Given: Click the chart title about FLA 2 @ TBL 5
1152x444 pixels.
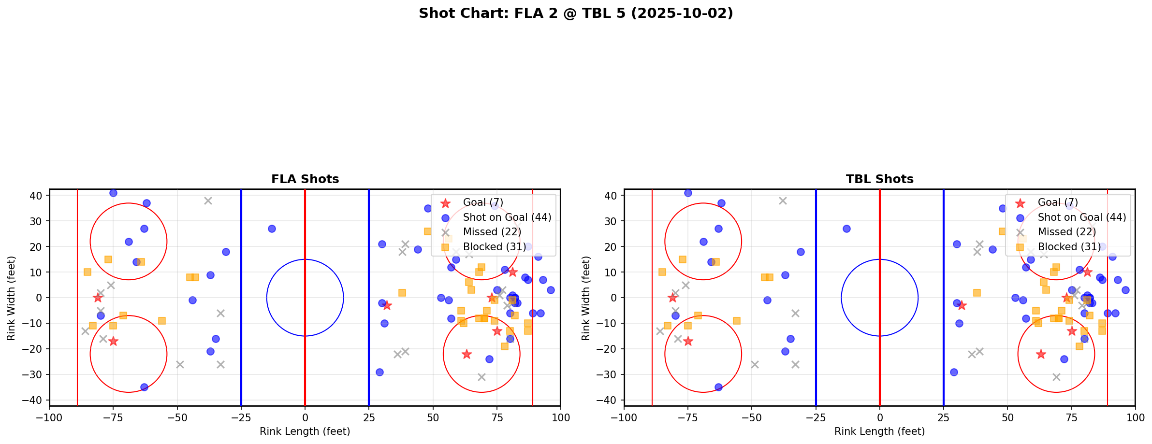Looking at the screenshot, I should click(x=576, y=14).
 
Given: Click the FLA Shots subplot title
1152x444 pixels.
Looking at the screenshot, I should click(x=305, y=179).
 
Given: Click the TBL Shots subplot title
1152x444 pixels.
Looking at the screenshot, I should click(x=879, y=179).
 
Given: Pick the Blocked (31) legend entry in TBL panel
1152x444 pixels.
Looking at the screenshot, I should click(x=1069, y=247).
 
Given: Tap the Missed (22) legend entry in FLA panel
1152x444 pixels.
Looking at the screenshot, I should click(x=492, y=232).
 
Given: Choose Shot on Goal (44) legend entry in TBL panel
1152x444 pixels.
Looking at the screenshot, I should click(x=1081, y=217).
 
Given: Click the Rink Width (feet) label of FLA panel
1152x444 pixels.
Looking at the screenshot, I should click(x=11, y=298).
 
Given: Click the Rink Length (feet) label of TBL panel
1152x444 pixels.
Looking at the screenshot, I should click(x=879, y=431).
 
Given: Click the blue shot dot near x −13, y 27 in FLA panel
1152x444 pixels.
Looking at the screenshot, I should click(x=272, y=229).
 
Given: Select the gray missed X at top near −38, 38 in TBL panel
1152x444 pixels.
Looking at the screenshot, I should click(x=783, y=201).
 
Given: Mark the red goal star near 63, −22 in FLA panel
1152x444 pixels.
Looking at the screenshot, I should click(x=467, y=354).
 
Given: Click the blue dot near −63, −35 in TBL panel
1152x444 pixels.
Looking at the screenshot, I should click(x=718, y=387).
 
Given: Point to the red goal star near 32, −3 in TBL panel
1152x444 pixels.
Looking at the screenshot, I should click(x=962, y=305).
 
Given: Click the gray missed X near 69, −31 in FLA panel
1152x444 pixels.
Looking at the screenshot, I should click(x=481, y=377).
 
